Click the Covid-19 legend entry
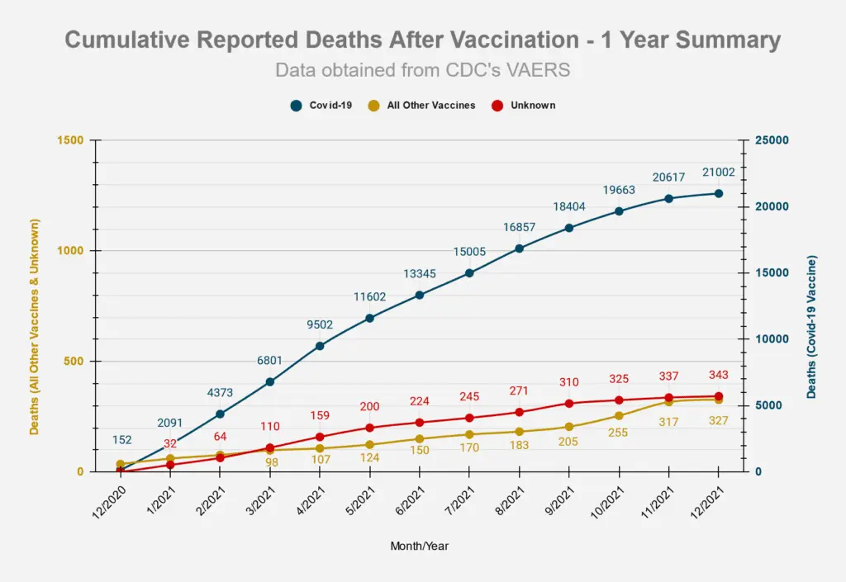322,106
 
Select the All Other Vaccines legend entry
421,106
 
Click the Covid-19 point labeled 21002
719,193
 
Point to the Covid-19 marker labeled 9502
320,346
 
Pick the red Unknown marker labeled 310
569,403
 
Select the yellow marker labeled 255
619,415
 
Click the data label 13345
419,274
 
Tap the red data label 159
320,416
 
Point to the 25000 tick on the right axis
772,140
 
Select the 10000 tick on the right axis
772,339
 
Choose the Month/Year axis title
420,546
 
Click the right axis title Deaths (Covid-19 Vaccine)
811,328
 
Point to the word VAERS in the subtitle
541,70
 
